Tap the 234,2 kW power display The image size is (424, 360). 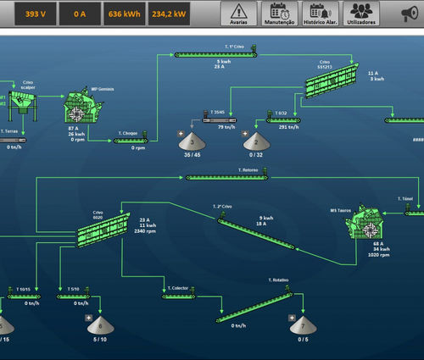click(x=169, y=14)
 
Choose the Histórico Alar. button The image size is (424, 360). click(x=320, y=14)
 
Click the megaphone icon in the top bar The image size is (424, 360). click(x=410, y=14)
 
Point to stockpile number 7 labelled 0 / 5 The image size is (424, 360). click(x=303, y=326)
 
